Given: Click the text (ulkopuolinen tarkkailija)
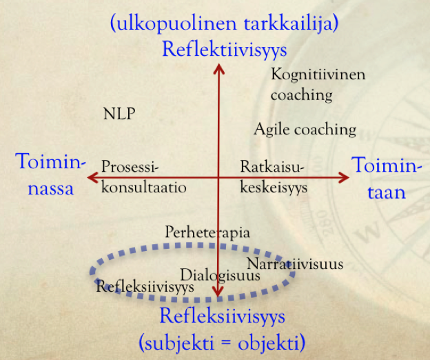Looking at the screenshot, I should click(x=224, y=23).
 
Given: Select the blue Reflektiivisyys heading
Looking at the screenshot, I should click(x=224, y=49).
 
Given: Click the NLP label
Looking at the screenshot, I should click(x=119, y=114).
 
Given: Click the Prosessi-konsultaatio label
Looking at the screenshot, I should click(x=143, y=177).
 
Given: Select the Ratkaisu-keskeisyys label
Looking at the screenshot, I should click(x=274, y=177).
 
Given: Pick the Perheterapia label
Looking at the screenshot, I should click(x=207, y=232).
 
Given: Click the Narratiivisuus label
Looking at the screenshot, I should click(x=294, y=263).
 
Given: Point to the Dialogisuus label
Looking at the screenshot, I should click(x=220, y=274).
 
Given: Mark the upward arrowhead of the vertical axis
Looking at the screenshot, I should click(x=218, y=67).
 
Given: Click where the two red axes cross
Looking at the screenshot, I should click(x=218, y=177).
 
